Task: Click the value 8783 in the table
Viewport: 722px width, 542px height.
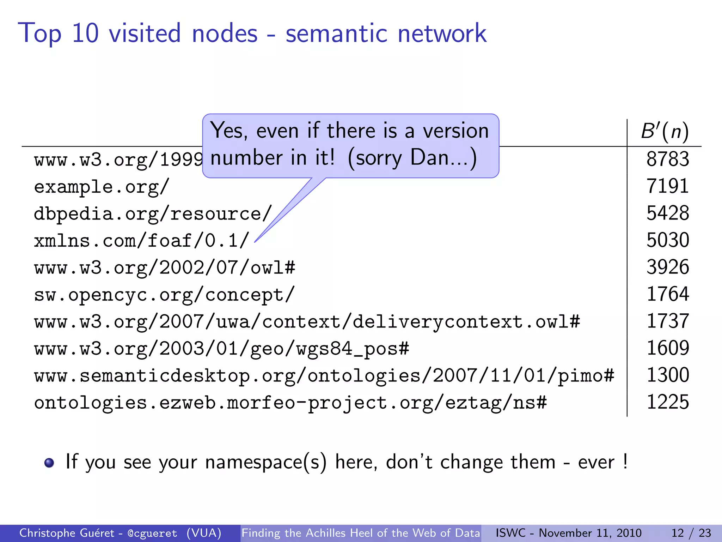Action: click(x=667, y=159)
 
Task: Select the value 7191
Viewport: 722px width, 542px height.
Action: click(x=667, y=186)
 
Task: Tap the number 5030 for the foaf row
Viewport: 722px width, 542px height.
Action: click(x=667, y=240)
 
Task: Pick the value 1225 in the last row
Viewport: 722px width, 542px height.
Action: click(x=667, y=402)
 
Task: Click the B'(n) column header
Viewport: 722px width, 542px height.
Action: click(x=665, y=131)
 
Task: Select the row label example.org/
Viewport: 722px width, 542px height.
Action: click(x=102, y=186)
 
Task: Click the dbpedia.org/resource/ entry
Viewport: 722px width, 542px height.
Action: click(x=153, y=213)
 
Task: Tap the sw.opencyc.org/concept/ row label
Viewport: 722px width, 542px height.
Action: click(x=164, y=295)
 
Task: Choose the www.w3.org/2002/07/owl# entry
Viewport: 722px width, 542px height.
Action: click(x=165, y=267)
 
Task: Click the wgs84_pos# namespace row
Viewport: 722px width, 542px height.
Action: click(x=221, y=349)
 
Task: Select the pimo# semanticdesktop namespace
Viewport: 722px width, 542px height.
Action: click(x=324, y=375)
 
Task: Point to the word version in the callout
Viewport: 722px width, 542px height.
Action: click(x=455, y=131)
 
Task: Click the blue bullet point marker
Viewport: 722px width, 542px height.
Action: click(x=49, y=463)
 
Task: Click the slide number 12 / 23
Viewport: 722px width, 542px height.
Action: click(x=691, y=533)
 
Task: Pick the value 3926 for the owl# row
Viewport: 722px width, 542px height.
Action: click(x=667, y=267)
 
